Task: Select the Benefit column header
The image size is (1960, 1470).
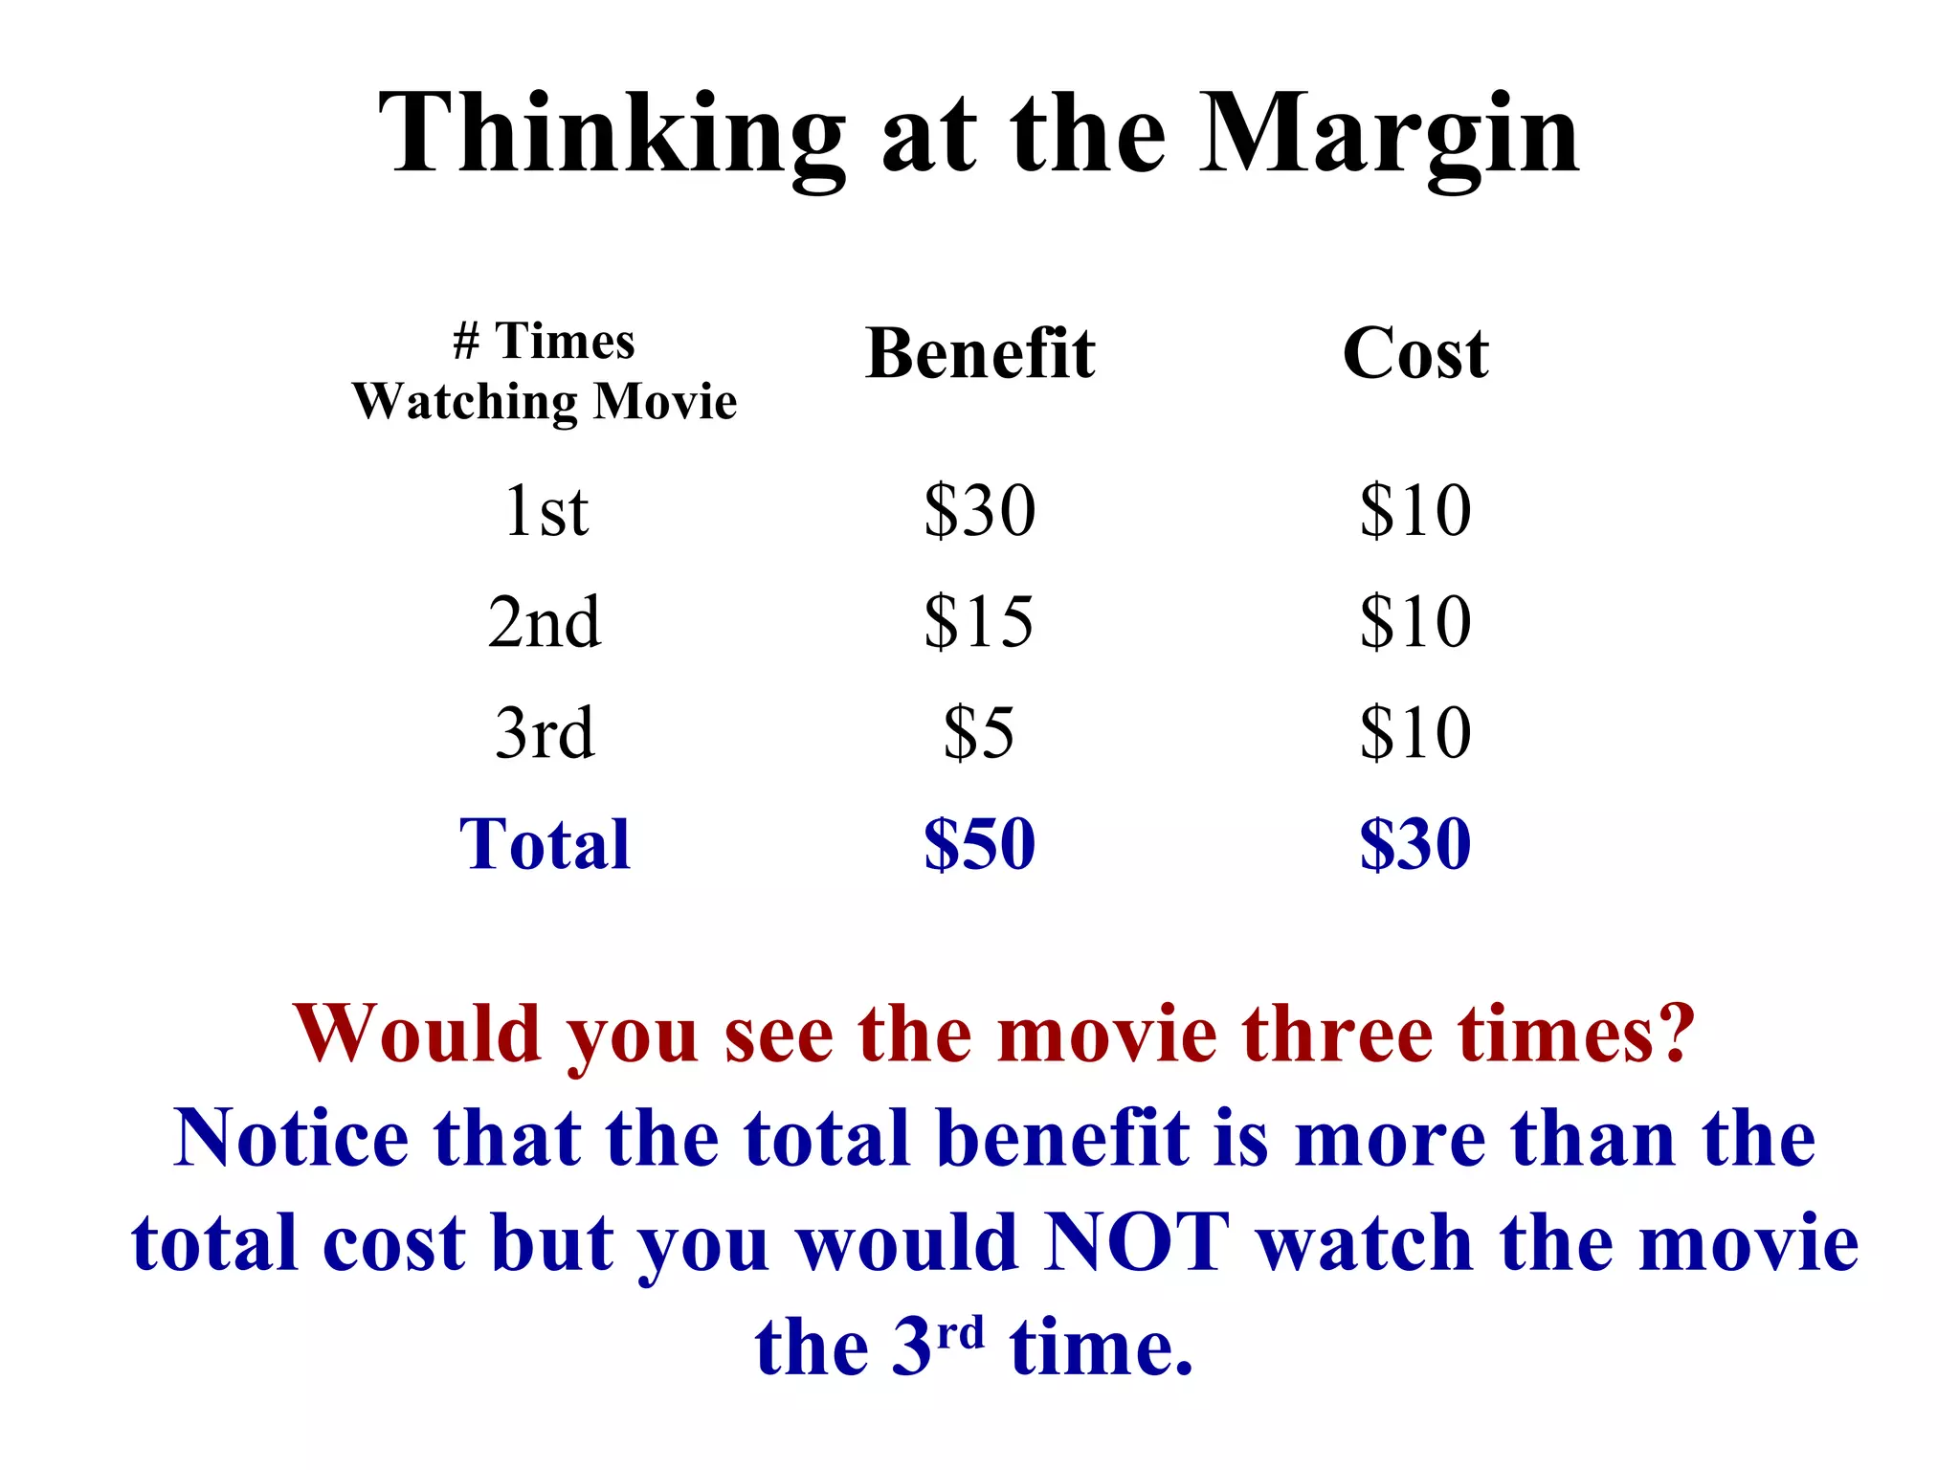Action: (980, 353)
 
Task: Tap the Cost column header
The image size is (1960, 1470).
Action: (1415, 353)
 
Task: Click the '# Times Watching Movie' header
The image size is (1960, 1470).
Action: (545, 371)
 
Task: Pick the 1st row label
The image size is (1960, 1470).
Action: (546, 510)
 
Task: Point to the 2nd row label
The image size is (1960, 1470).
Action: (545, 622)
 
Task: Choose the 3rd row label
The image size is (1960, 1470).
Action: (545, 733)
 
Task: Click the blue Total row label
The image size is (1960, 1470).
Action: (545, 844)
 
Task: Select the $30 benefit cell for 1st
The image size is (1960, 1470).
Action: (980, 510)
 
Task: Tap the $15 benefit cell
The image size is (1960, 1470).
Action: (979, 622)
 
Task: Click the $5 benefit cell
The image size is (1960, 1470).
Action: (979, 733)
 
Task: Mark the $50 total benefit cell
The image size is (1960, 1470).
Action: (980, 844)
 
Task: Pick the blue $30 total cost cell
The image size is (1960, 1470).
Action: (1415, 844)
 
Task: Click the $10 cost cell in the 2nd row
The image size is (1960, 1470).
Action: (1415, 622)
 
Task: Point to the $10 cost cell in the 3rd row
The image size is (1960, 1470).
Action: (1415, 733)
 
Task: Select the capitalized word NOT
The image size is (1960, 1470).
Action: (1137, 1243)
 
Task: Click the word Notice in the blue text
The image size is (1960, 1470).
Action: (291, 1139)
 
